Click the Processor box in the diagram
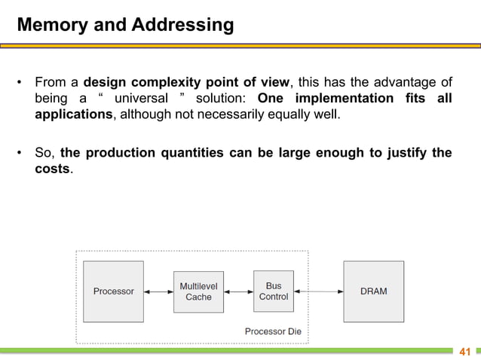(x=113, y=291)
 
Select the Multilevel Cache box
(x=198, y=291)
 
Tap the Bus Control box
(x=273, y=291)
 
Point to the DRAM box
(x=373, y=291)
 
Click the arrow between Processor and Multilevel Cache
(x=158, y=291)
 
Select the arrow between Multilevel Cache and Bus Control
(x=238, y=291)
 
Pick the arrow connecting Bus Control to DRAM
(x=318, y=291)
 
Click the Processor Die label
(x=273, y=331)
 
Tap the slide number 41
(x=464, y=352)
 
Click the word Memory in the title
(x=46, y=26)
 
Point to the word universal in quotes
(x=141, y=99)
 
